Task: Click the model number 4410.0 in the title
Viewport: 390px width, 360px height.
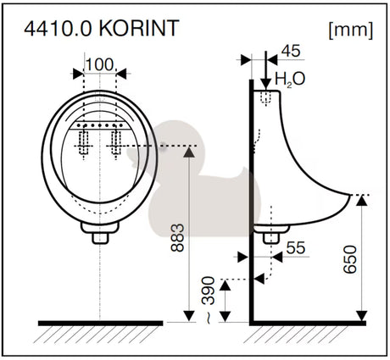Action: tap(58, 28)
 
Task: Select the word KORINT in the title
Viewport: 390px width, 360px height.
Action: tap(140, 28)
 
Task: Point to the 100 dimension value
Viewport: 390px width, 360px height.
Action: tap(99, 64)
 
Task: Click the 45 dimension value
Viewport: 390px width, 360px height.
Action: tap(291, 51)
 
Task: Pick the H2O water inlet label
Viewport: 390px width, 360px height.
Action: tap(290, 80)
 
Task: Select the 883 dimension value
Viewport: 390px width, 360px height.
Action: tap(178, 237)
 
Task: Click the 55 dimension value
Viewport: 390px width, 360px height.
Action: tap(296, 247)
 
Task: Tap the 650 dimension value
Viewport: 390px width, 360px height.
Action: tap(350, 259)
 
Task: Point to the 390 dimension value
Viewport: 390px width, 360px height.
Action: tap(208, 291)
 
